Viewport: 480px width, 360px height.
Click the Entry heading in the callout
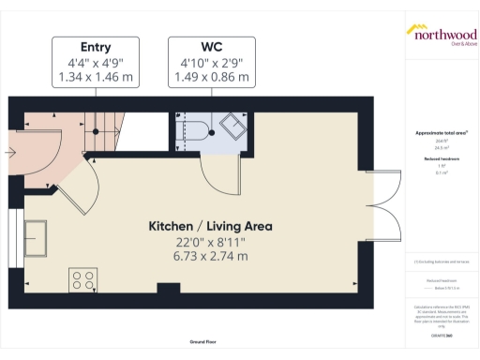(96, 47)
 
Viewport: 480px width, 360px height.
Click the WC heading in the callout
(209, 47)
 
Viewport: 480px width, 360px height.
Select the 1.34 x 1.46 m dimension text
(96, 77)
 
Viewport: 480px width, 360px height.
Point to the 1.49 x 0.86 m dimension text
(209, 77)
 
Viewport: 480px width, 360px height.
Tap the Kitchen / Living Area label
(210, 226)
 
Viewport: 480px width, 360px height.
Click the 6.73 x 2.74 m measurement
(210, 255)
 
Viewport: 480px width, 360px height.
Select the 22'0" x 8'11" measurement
(210, 241)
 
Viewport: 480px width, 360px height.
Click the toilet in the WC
(192, 131)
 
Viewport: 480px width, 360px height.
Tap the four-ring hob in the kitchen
(82, 278)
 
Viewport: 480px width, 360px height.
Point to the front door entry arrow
(15, 148)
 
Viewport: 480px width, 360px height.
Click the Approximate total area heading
(441, 133)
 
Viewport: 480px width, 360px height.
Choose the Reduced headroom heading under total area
(441, 160)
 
